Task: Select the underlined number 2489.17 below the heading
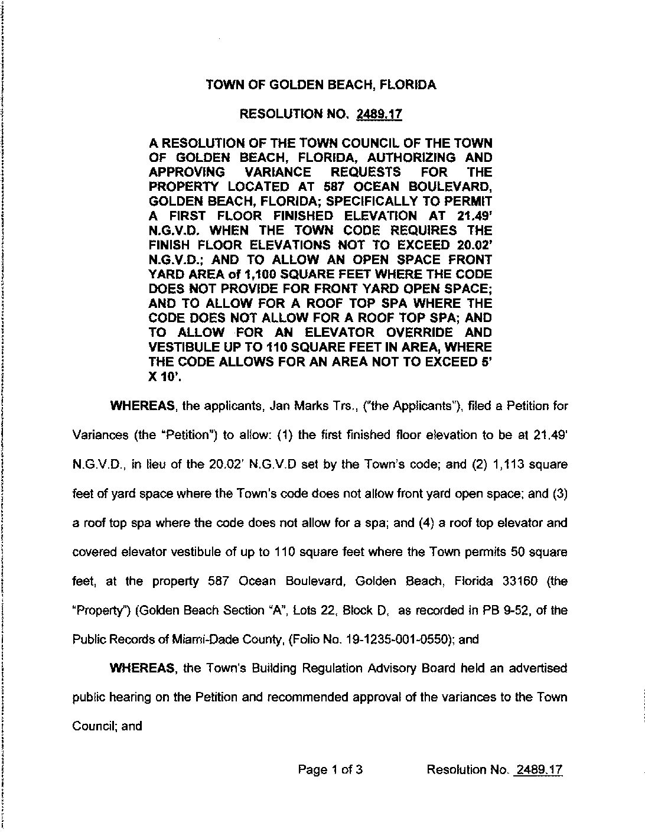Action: click(x=379, y=114)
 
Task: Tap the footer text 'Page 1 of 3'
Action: click(x=330, y=769)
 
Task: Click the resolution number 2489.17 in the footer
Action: click(x=539, y=769)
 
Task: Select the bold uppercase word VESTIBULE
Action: click(x=184, y=347)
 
